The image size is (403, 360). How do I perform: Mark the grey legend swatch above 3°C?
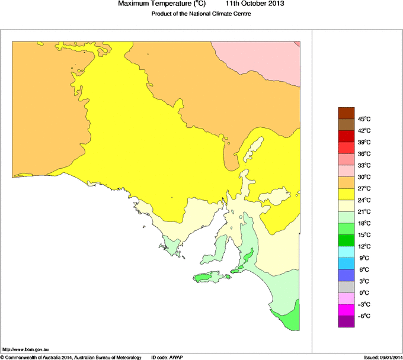click(346, 287)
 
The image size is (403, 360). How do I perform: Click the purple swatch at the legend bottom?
click(346, 322)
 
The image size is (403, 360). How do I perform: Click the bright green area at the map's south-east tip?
click(290, 320)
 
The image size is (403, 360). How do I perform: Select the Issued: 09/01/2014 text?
click(383, 357)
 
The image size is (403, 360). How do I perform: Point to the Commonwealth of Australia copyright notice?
click(71, 357)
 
